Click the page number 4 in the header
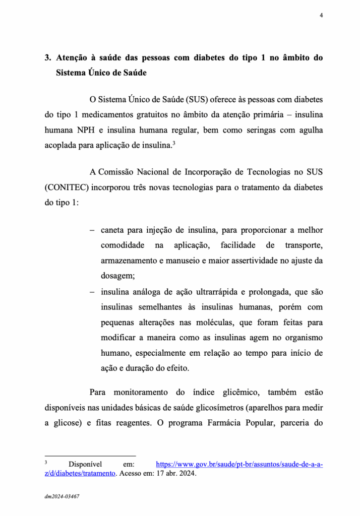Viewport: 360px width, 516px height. pyautogui.click(x=321, y=16)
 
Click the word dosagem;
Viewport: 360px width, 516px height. pyautogui.click(x=118, y=276)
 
